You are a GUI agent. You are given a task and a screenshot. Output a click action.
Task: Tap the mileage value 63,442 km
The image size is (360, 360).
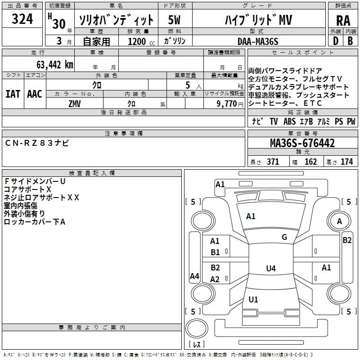click(49, 64)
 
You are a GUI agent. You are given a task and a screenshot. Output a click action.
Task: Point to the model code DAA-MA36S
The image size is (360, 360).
click(258, 41)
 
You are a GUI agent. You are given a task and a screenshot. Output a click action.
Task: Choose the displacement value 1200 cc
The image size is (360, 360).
click(139, 41)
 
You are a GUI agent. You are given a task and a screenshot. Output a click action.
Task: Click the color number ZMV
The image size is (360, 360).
click(75, 103)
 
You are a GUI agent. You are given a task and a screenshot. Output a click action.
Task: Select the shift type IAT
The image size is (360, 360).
click(13, 94)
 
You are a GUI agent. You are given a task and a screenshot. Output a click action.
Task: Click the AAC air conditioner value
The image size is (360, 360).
click(34, 94)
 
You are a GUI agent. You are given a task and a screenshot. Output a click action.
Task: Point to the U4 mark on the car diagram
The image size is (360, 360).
click(270, 269)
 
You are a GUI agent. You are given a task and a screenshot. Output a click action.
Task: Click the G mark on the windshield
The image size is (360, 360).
click(284, 237)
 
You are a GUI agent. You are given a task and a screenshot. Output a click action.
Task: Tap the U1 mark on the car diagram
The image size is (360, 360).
click(253, 299)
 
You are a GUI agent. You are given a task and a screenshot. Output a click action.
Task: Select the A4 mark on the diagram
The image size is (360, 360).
click(194, 276)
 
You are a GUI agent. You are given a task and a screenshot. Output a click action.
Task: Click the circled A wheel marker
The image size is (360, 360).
click(340, 221)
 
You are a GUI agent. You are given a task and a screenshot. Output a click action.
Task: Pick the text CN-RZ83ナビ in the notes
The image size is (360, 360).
click(37, 143)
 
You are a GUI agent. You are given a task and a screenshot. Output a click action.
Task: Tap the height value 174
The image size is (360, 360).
click(346, 162)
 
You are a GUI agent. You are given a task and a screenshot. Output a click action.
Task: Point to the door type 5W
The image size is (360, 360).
click(175, 20)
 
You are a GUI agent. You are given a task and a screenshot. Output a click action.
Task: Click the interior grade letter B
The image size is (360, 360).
click(350, 40)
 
